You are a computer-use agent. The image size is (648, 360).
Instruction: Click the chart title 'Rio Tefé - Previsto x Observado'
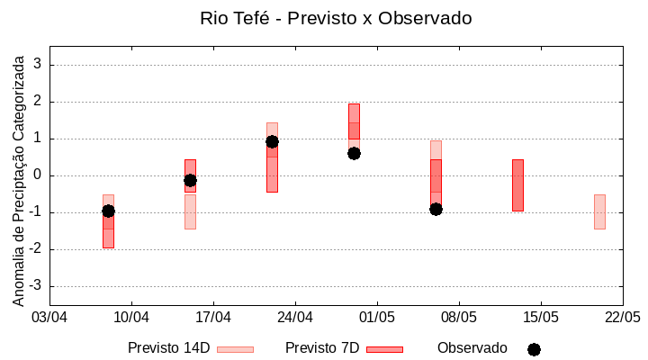[x=336, y=18]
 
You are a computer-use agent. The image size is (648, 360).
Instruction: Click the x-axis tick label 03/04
[x=49, y=318]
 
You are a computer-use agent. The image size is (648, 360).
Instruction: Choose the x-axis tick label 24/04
[x=295, y=318]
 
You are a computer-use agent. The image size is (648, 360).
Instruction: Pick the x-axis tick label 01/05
[x=377, y=318]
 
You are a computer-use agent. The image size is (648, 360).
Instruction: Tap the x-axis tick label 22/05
[x=622, y=318]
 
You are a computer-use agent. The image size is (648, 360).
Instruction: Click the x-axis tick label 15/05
[x=540, y=318]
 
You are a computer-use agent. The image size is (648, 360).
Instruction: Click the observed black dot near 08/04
[x=108, y=211]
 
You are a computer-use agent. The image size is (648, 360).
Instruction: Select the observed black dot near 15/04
[x=190, y=180]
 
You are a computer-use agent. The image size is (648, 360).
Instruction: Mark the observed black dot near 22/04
[x=272, y=141]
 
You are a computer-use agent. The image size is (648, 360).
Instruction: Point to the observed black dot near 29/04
[x=354, y=153]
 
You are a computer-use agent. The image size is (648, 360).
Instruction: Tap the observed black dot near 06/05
[x=436, y=209]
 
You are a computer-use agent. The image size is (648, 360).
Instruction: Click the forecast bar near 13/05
[x=517, y=184]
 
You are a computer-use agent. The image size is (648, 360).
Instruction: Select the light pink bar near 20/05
[x=599, y=211]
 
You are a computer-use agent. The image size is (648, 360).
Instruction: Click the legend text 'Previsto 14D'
[x=168, y=348]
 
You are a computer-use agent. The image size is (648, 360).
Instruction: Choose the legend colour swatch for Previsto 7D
[x=384, y=349]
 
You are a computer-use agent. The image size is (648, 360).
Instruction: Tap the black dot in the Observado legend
[x=534, y=349]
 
